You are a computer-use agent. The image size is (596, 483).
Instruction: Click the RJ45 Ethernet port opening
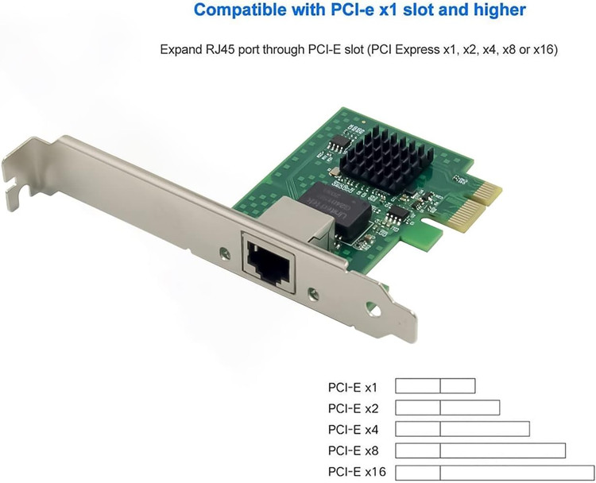[269, 263]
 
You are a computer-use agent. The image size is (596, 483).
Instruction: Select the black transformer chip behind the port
[335, 207]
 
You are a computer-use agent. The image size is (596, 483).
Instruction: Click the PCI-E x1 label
[352, 387]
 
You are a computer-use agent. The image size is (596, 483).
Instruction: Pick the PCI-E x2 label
[353, 408]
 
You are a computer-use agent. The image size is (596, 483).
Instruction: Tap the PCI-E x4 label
[353, 430]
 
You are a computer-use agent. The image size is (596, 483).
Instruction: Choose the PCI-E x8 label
[353, 451]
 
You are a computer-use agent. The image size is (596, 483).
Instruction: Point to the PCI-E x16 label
[357, 472]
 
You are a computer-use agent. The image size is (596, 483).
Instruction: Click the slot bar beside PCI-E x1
[435, 386]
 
